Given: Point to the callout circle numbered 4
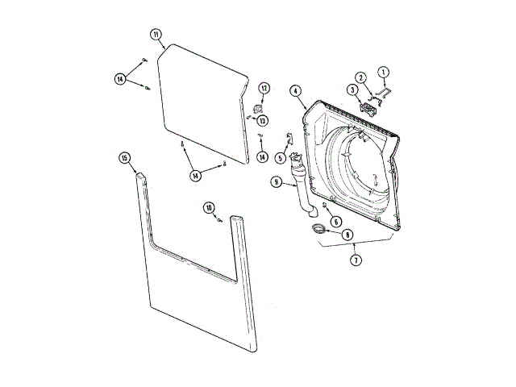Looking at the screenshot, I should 296,91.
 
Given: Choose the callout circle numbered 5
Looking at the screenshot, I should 281,157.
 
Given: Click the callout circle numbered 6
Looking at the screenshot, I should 337,222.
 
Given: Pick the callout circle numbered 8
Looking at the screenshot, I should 347,235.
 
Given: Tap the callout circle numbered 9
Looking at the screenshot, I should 277,183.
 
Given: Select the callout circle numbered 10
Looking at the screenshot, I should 209,208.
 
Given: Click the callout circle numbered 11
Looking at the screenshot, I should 156,34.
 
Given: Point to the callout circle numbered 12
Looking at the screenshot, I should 264,87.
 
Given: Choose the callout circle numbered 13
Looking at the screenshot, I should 262,120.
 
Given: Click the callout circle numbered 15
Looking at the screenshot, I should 125,158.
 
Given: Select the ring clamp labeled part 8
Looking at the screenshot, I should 320,231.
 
